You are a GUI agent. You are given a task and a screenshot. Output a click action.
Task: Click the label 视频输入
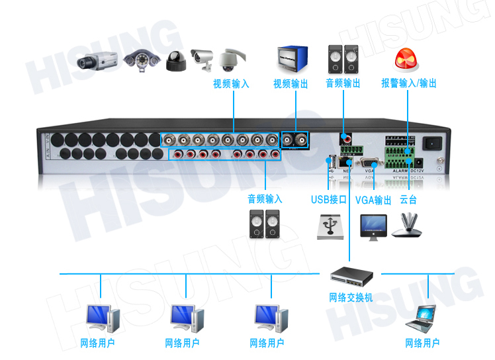[231, 84]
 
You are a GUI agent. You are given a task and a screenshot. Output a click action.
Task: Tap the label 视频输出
[291, 84]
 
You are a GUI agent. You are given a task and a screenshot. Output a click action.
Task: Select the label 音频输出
[343, 84]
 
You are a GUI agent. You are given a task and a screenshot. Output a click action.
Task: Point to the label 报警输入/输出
[409, 84]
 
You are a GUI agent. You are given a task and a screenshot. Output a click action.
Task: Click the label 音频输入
[265, 199]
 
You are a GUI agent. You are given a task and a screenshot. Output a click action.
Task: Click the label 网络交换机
[351, 298]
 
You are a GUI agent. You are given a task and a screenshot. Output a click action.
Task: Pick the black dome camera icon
[175, 62]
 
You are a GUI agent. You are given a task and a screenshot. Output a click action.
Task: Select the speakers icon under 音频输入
[265, 224]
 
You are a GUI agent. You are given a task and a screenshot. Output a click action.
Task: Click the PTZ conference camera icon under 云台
[408, 225]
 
